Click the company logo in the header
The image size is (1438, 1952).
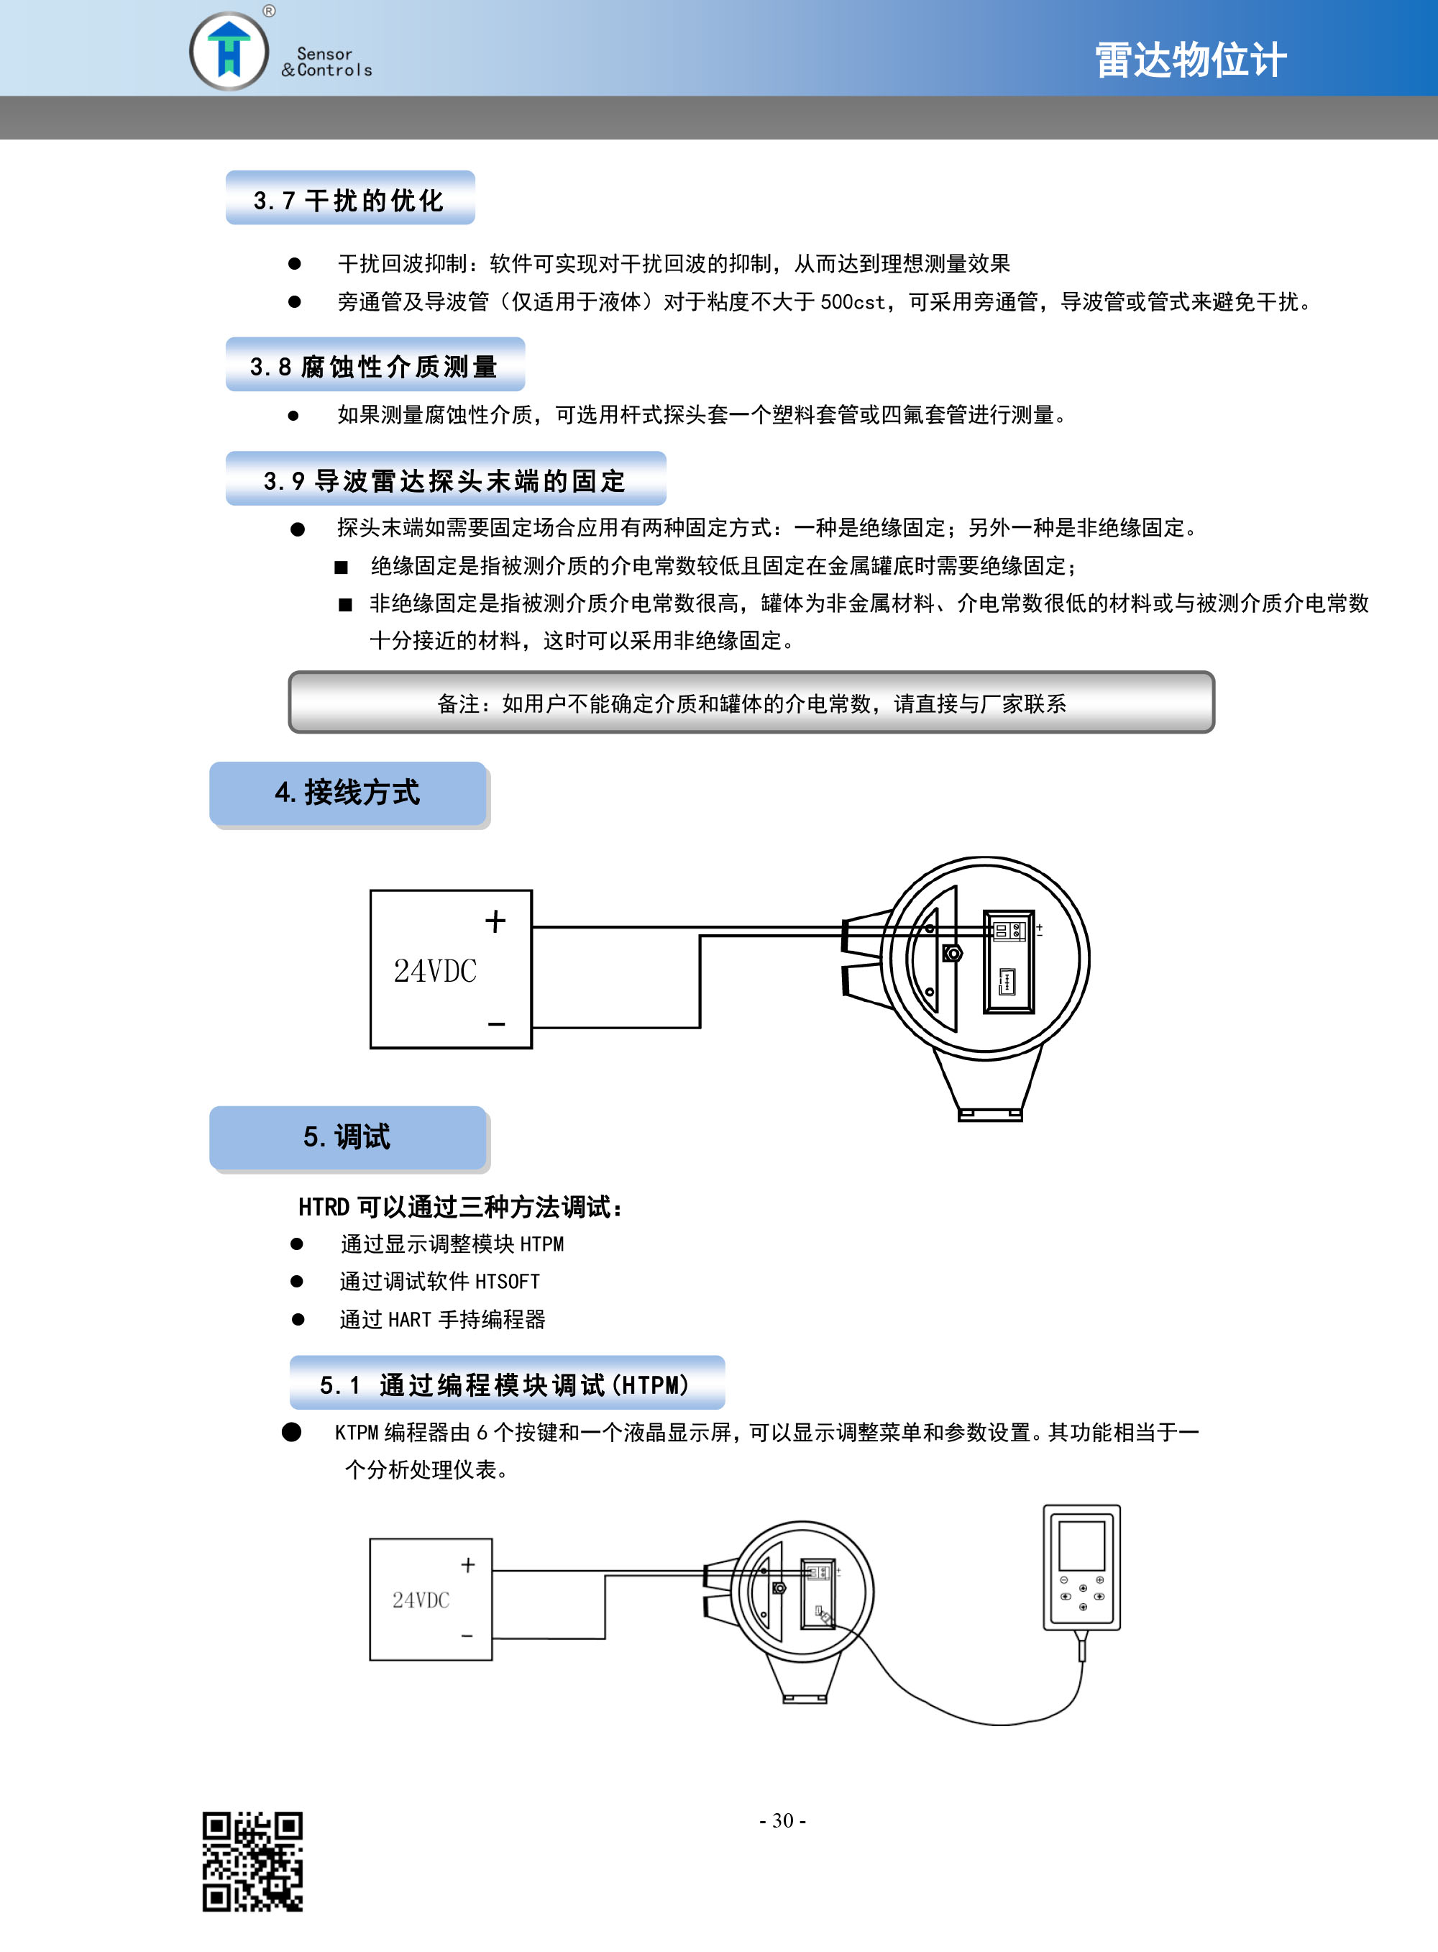click(229, 50)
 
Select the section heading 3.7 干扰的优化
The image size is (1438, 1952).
click(349, 200)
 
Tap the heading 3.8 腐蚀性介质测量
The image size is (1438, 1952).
click(373, 367)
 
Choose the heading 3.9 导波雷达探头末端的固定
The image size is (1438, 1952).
click(445, 480)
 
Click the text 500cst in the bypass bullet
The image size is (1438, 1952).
click(853, 302)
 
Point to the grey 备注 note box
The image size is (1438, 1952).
click(751, 702)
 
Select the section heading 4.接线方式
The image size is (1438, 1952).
click(347, 793)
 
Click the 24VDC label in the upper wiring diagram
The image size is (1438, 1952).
click(435, 971)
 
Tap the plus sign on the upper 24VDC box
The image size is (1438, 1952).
click(495, 921)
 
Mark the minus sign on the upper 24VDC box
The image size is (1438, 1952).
click(496, 1024)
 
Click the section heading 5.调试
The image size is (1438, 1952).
click(347, 1136)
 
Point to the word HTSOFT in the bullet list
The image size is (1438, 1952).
click(508, 1282)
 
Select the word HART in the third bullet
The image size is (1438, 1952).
click(410, 1320)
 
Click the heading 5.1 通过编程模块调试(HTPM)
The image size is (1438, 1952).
click(504, 1385)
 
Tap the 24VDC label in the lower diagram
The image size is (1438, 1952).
click(421, 1600)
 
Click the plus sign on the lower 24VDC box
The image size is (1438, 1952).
click(467, 1566)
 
